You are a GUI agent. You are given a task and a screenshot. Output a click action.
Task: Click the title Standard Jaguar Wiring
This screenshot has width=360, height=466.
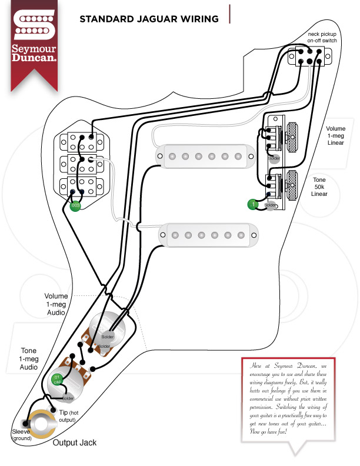[149, 18]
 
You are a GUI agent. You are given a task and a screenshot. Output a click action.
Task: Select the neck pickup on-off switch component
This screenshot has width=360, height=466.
[309, 58]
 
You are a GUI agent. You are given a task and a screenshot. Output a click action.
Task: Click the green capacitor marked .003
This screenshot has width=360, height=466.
[75, 206]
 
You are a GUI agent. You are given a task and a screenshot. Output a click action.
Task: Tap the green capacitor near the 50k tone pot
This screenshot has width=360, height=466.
[252, 204]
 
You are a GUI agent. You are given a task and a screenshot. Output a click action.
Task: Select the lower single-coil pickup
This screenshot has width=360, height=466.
[205, 234]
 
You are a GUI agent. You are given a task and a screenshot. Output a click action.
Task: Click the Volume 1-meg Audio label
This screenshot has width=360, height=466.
[56, 304]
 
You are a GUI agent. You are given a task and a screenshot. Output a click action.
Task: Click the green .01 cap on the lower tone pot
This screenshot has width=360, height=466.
[58, 378]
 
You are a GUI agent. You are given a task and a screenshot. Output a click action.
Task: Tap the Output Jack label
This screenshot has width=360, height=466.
[75, 442]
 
